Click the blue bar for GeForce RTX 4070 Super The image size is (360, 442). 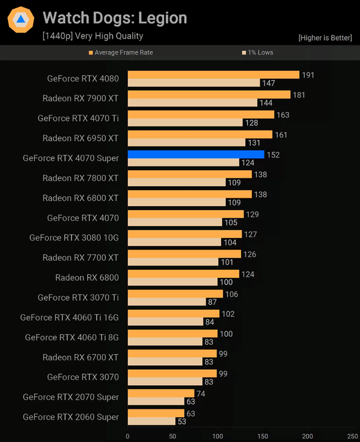pyautogui.click(x=196, y=154)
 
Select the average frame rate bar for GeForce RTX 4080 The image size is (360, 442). pyautogui.click(x=213, y=75)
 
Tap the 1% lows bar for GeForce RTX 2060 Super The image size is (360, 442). pyautogui.click(x=151, y=421)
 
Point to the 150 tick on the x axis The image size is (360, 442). pyautogui.click(x=263, y=436)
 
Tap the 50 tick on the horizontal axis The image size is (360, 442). pyautogui.click(x=173, y=436)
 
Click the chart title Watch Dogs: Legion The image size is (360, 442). pyautogui.click(x=115, y=18)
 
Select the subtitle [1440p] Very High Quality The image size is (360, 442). pyautogui.click(x=93, y=36)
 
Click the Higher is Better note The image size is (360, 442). pyautogui.click(x=326, y=38)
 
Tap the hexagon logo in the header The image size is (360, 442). pyautogui.click(x=20, y=20)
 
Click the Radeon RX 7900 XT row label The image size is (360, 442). pyautogui.click(x=80, y=98)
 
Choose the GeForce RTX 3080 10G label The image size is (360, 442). pyautogui.click(x=74, y=238)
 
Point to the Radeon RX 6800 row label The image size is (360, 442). pyautogui.click(x=87, y=277)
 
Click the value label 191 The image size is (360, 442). pyautogui.click(x=308, y=75)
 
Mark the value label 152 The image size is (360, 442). pyautogui.click(x=273, y=155)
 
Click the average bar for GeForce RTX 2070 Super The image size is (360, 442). pyautogui.click(x=161, y=393)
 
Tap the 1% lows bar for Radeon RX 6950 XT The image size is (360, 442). pyautogui.click(x=186, y=142)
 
